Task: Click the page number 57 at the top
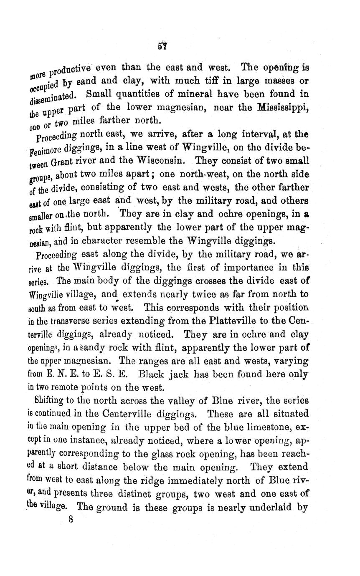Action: click(162, 46)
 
